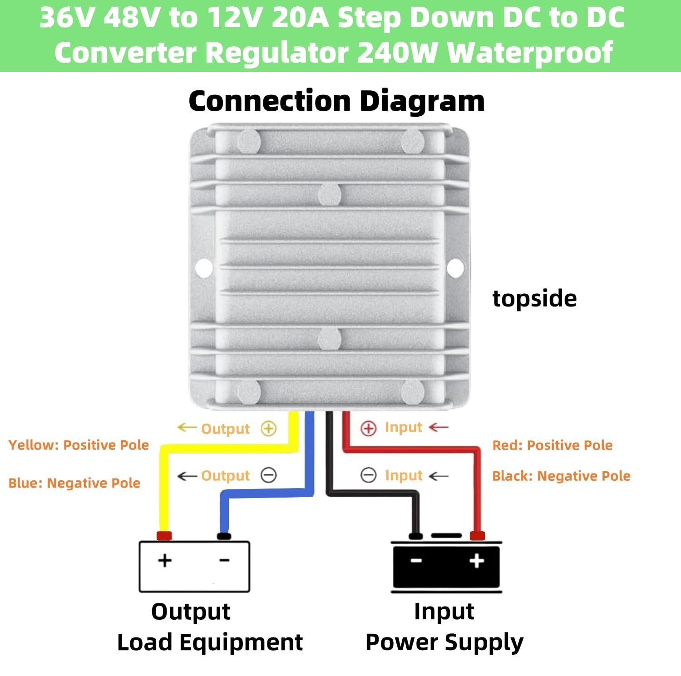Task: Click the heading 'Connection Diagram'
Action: pos(336,101)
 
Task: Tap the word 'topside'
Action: pos(534,298)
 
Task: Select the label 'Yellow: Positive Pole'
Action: pos(79,445)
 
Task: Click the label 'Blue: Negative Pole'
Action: pos(74,483)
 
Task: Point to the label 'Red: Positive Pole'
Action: pos(553,445)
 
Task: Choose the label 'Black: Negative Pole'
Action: pos(561,476)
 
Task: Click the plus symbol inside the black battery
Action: pos(477,561)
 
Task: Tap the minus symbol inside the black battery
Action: pos(416,561)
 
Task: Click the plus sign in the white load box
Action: pos(165,560)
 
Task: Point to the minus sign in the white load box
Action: pos(224,560)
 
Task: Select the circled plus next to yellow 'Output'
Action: pos(269,429)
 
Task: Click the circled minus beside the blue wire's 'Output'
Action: pos(269,475)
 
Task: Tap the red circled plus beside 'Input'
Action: pos(368,428)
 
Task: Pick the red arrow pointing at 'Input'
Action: pos(439,427)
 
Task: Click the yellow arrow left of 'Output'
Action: pos(186,428)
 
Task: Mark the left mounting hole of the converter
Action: pos(204,268)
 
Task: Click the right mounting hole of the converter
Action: pos(455,268)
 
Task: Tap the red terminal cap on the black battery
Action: pos(477,536)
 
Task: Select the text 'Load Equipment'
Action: pos(210,642)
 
